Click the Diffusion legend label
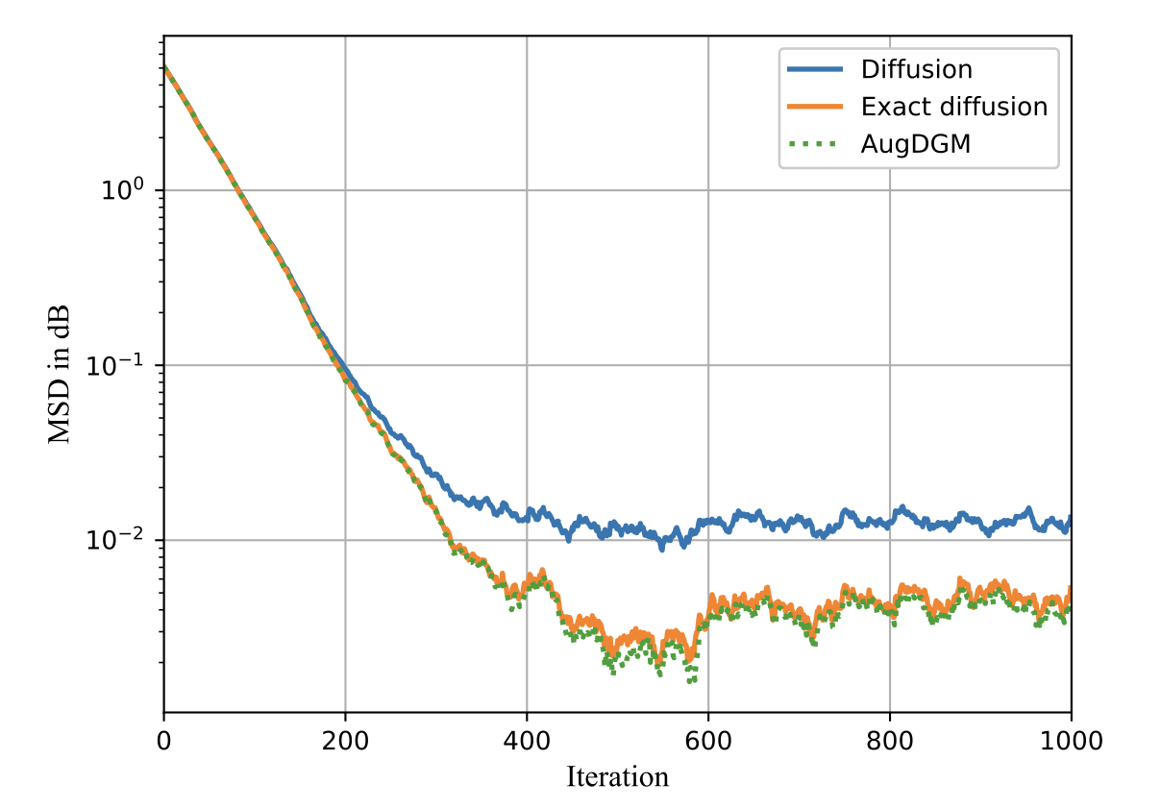pos(916,69)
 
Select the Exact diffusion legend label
pos(953,106)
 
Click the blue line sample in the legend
pos(815,69)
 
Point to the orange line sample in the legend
pos(815,106)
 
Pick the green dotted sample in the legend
pos(815,143)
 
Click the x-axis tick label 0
pos(164,741)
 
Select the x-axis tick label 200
pos(345,741)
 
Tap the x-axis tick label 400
pos(527,741)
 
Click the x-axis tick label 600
pos(708,741)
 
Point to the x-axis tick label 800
pos(890,741)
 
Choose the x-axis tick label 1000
pos(1071,741)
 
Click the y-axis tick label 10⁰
pos(123,190)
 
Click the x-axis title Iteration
pos(617,775)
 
